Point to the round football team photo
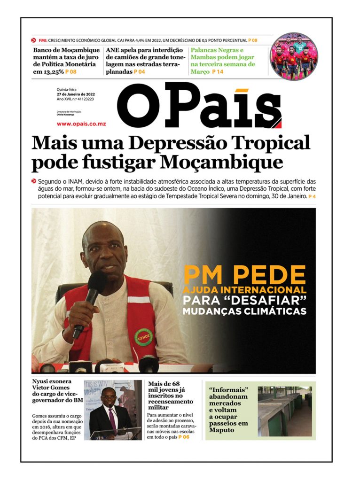(294, 56)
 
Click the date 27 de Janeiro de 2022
(76, 94)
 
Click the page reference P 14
(218, 72)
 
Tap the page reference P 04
(139, 72)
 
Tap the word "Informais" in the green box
(228, 390)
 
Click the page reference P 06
(184, 437)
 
